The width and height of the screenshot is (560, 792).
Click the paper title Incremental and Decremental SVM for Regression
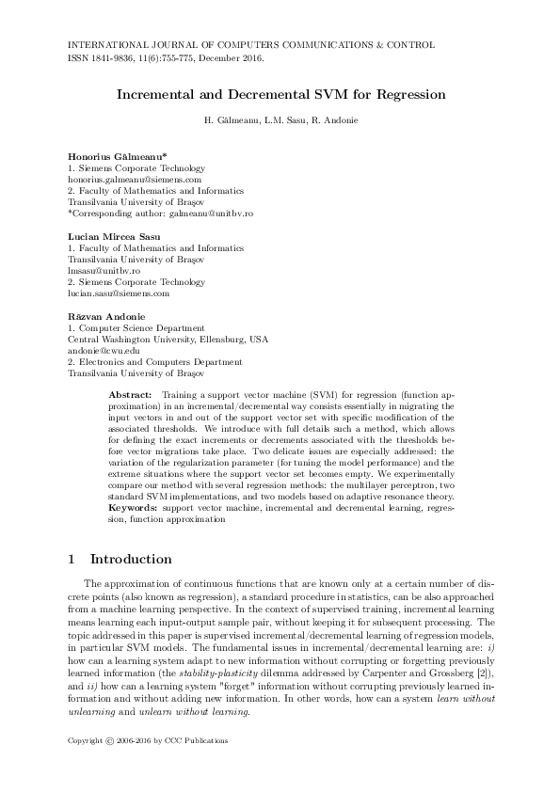coord(280,95)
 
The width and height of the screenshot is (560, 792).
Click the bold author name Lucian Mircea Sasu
coord(114,235)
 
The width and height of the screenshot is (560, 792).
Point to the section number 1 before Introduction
coord(72,559)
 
